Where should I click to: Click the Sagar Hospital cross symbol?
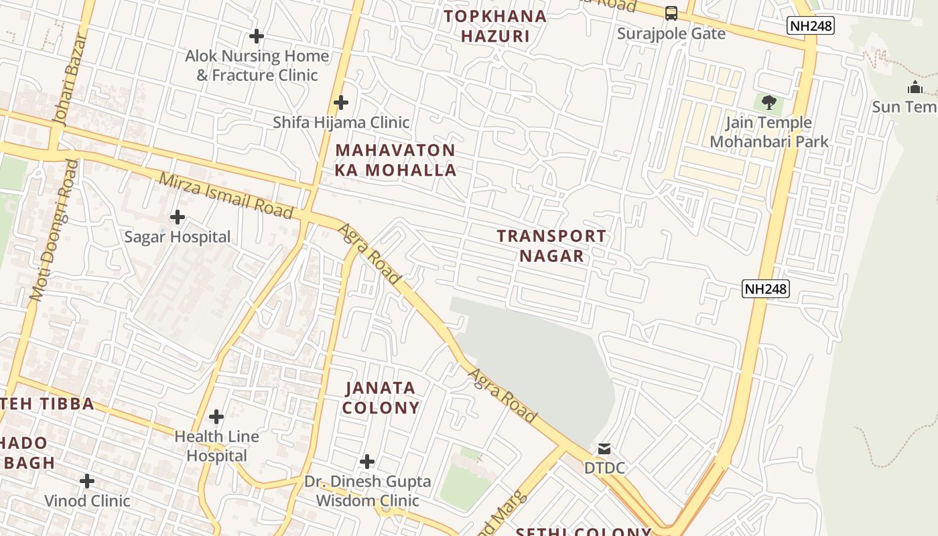178,217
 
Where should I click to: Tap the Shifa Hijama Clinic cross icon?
341,103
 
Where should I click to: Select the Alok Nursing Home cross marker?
256,36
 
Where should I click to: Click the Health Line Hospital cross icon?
216,417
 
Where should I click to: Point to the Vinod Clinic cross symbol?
87,481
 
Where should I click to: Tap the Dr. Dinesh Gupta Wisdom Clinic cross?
366,462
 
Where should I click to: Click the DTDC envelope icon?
604,449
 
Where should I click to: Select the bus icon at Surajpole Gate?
671,13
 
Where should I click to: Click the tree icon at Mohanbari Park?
769,103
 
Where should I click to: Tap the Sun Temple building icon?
915,87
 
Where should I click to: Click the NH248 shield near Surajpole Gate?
810,26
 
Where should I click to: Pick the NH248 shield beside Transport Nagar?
766,289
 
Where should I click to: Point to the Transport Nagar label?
551,246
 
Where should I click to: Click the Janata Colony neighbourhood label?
381,397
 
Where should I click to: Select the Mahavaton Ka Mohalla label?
395,160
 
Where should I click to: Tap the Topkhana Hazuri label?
495,26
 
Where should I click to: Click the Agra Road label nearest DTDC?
503,395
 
